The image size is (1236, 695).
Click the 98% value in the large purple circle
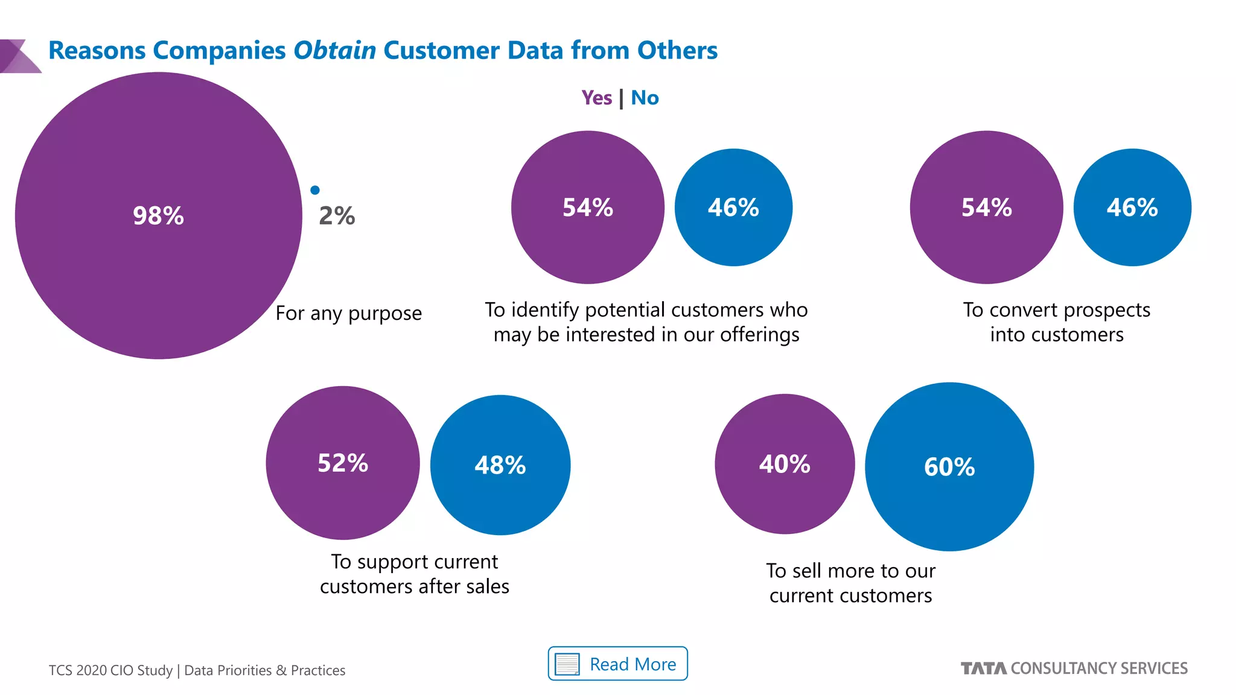tap(158, 215)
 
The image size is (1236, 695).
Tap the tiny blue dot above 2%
tap(314, 190)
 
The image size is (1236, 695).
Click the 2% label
tap(337, 216)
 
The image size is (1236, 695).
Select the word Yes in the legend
tap(596, 98)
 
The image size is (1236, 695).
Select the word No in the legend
tap(645, 98)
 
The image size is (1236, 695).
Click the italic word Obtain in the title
tap(334, 51)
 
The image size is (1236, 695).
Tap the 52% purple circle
tap(342, 463)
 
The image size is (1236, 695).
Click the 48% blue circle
tap(500, 465)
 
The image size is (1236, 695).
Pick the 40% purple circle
tap(785, 464)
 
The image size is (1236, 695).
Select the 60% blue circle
tap(949, 466)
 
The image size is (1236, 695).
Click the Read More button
tap(617, 664)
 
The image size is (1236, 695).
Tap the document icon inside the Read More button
tap(567, 664)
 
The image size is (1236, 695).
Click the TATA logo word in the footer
tap(983, 668)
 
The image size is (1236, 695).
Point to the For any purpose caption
tap(348, 313)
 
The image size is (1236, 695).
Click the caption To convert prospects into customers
tap(1056, 322)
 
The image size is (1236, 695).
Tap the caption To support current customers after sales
tap(414, 574)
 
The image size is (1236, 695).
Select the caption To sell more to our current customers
tap(850, 583)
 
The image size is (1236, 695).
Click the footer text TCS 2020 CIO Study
tap(110, 670)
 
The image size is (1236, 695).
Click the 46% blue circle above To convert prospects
tap(1132, 208)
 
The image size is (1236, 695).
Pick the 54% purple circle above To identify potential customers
tap(587, 208)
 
